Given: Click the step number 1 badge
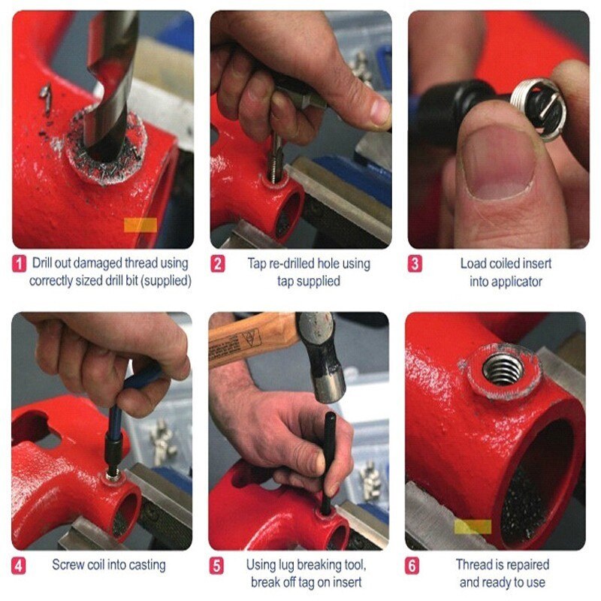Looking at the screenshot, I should pyautogui.click(x=20, y=264).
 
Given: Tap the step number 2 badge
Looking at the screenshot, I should pyautogui.click(x=217, y=264).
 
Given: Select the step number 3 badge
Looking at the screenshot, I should pyautogui.click(x=415, y=264).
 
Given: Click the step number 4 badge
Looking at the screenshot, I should pyautogui.click(x=20, y=565).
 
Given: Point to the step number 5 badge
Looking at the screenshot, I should pyautogui.click(x=217, y=565).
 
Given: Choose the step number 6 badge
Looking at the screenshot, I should pyautogui.click(x=415, y=565).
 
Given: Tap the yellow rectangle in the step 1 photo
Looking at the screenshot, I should pyautogui.click(x=140, y=225).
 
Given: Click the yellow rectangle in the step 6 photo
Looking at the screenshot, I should pyautogui.click(x=473, y=527).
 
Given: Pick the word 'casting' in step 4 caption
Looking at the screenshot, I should pyautogui.click(x=145, y=564).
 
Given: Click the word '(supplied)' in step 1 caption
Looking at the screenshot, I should pyautogui.click(x=162, y=281).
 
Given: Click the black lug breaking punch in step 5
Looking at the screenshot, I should pyautogui.click(x=328, y=458).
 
